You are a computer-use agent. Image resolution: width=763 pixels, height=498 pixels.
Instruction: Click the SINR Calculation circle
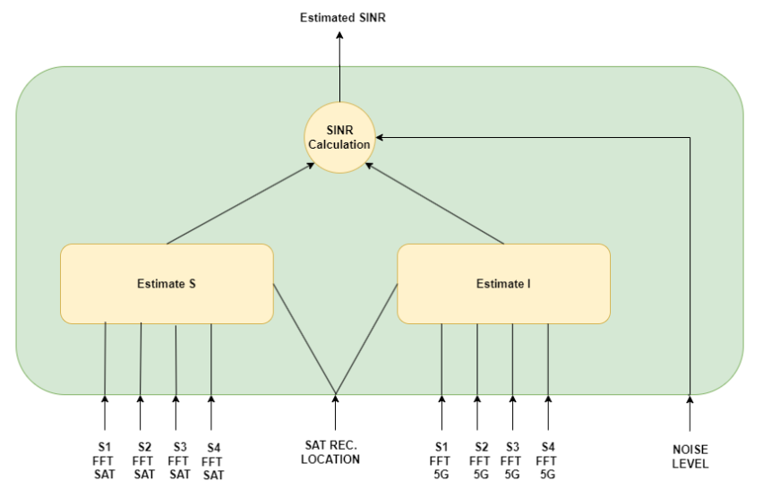pyautogui.click(x=339, y=137)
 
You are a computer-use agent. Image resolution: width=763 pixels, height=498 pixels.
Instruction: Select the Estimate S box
pyautogui.click(x=167, y=284)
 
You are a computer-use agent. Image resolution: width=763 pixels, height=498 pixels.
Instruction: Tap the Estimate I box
pyautogui.click(x=503, y=284)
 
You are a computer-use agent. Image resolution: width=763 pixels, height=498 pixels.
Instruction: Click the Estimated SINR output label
pyautogui.click(x=343, y=18)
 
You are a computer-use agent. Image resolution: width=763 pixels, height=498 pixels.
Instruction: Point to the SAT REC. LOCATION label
pyautogui.click(x=330, y=452)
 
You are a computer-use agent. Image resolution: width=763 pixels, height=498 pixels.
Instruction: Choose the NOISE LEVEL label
pyautogui.click(x=690, y=457)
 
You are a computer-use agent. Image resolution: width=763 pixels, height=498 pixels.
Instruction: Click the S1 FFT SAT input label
pyautogui.click(x=104, y=460)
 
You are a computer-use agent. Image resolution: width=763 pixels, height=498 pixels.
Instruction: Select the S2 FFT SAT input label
pyautogui.click(x=143, y=460)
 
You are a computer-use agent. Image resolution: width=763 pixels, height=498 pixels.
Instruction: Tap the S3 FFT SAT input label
pyautogui.click(x=179, y=460)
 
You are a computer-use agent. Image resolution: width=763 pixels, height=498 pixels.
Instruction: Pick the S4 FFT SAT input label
pyautogui.click(x=212, y=461)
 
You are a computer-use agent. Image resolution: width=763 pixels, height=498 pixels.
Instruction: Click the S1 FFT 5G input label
pyautogui.click(x=441, y=460)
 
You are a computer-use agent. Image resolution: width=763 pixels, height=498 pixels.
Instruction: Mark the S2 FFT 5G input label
pyautogui.click(x=480, y=460)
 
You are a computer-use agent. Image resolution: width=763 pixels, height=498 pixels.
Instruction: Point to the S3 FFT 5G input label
pyautogui.click(x=511, y=460)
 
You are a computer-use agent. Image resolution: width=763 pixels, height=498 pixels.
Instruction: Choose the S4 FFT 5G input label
pyautogui.click(x=547, y=460)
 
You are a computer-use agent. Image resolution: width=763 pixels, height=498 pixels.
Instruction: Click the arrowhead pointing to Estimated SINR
pyautogui.click(x=339, y=35)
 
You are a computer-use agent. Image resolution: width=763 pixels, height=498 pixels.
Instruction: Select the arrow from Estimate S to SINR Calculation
pyautogui.click(x=240, y=203)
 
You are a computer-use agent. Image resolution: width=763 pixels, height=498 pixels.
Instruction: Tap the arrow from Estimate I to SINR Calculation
pyautogui.click(x=434, y=203)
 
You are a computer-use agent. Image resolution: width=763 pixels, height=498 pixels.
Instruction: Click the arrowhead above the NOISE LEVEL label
pyautogui.click(x=690, y=399)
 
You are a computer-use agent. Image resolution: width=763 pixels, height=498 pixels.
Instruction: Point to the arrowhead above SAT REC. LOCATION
pyautogui.click(x=335, y=399)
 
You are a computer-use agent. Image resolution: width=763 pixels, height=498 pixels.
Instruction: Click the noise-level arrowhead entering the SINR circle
pyautogui.click(x=380, y=137)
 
